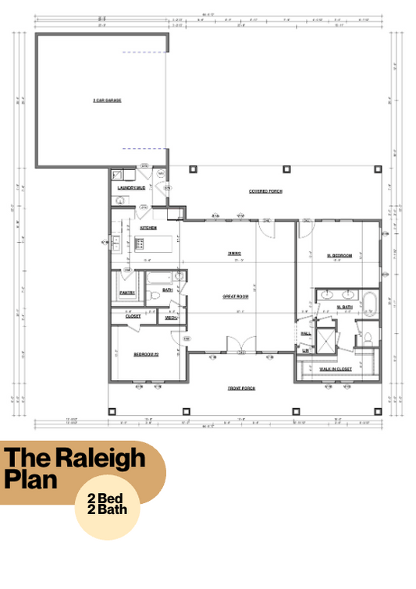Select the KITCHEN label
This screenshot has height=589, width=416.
point(148,228)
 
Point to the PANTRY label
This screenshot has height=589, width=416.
point(127,293)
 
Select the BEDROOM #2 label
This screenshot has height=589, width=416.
point(146,354)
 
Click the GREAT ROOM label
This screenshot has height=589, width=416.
point(235,296)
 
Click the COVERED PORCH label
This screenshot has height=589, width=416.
point(265,191)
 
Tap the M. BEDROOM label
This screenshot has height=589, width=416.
point(339,255)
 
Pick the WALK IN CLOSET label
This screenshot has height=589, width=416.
point(336,368)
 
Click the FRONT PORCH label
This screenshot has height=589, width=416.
point(242,388)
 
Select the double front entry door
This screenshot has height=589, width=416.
point(236,344)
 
